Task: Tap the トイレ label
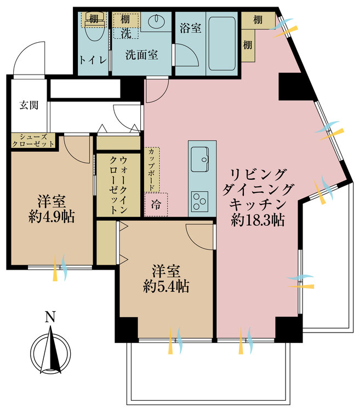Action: [90, 59]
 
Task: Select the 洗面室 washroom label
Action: [141, 55]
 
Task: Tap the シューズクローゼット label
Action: [33, 140]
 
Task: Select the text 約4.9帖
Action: [52, 216]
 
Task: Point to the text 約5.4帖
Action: [165, 286]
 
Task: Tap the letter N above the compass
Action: [50, 317]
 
